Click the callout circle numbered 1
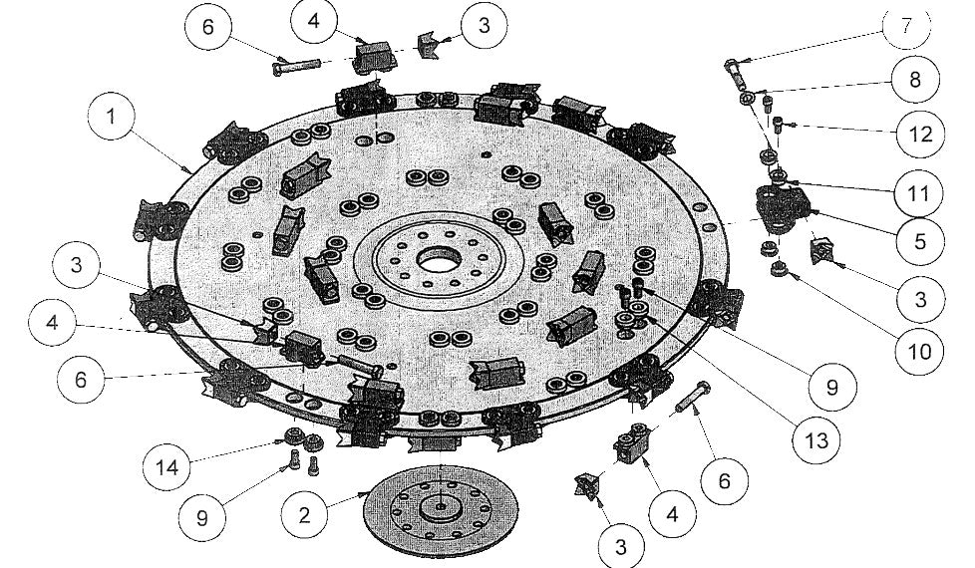(112, 116)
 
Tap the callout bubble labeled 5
(919, 240)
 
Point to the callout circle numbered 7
(905, 26)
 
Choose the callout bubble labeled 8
(914, 80)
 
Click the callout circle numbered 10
(918, 351)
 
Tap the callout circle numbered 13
(817, 437)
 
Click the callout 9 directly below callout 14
(202, 516)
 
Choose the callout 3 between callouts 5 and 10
(919, 297)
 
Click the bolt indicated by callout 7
(735, 70)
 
